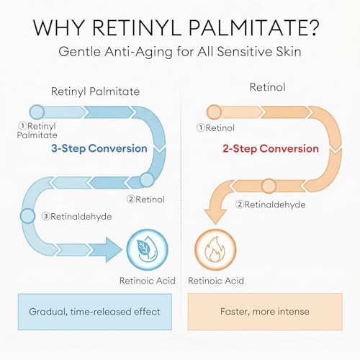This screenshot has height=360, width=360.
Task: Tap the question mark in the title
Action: click(x=312, y=27)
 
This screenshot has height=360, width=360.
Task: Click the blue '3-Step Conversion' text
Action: click(x=99, y=148)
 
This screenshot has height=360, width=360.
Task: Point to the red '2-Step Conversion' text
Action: click(x=271, y=149)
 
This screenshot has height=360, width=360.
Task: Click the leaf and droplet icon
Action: click(x=147, y=250)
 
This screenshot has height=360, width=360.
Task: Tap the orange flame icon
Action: click(x=215, y=250)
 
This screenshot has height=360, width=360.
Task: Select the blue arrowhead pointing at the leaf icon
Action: click(x=113, y=250)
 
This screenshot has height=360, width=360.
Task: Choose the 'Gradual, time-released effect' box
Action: click(x=95, y=312)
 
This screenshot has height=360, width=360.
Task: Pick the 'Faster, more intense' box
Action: click(x=265, y=312)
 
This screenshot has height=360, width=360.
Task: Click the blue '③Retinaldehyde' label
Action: click(x=76, y=217)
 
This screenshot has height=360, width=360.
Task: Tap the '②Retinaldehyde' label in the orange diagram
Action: click(x=270, y=204)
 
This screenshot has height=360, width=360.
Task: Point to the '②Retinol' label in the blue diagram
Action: click(x=145, y=199)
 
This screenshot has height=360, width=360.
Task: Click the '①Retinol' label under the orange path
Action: click(x=215, y=127)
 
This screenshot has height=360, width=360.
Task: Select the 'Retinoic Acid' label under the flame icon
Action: click(x=216, y=281)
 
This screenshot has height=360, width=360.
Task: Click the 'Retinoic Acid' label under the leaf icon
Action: click(x=148, y=281)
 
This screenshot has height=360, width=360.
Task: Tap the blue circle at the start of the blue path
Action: click(x=37, y=112)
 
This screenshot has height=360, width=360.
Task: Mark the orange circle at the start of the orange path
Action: click(x=214, y=112)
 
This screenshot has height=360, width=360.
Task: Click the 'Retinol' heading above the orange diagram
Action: click(x=267, y=87)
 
